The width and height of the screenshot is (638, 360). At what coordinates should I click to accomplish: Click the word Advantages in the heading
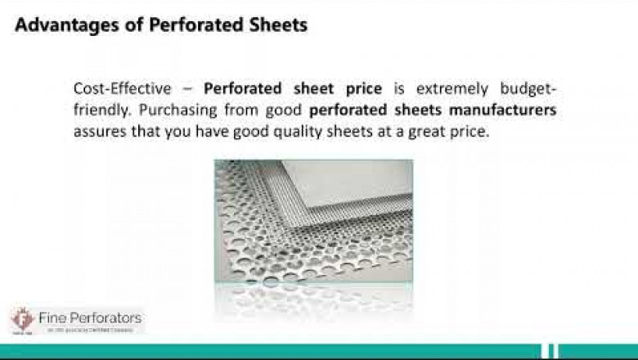coord(61,25)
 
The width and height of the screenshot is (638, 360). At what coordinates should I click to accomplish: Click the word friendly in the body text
coord(100,110)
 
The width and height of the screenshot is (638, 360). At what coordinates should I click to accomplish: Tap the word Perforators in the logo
coord(106,317)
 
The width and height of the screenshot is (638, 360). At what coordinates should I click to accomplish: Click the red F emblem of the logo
coord(21,319)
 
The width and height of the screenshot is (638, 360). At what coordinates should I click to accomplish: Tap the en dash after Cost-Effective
coord(187,89)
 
